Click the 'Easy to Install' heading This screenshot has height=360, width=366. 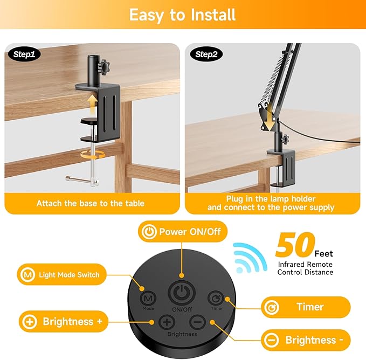click(182, 15)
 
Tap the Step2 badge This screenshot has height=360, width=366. click(206, 54)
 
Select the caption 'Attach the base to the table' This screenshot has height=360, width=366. click(90, 204)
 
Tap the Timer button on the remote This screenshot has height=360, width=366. click(217, 299)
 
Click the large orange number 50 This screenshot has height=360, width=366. click(294, 246)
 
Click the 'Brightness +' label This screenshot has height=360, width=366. click(63, 322)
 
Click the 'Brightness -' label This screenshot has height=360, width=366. click(306, 340)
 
